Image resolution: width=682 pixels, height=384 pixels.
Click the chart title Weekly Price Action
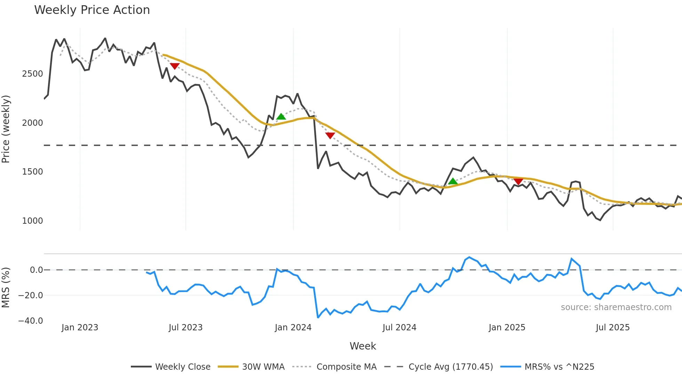pos(92,10)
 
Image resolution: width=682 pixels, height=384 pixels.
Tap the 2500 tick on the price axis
pos(32,74)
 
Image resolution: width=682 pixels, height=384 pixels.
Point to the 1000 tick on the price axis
pos(32,221)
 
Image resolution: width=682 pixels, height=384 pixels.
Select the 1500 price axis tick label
pos(32,172)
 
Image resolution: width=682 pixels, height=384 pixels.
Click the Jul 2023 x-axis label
pos(185,328)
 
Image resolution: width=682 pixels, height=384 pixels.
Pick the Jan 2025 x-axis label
pos(507,328)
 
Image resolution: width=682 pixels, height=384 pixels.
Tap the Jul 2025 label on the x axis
pos(612,328)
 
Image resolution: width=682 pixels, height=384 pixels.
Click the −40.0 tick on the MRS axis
pos(31,321)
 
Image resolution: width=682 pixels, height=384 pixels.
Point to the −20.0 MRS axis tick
pos(31,295)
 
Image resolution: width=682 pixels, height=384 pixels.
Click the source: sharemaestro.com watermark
pos(616,307)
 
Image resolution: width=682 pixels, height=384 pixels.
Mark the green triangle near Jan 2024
pos(281,117)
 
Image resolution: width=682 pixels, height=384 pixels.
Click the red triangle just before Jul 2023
pos(175,66)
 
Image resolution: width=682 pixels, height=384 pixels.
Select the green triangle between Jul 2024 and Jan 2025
pos(453,181)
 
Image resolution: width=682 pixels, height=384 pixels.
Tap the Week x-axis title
pos(363,346)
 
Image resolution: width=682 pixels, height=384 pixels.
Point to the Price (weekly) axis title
pos(6,129)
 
